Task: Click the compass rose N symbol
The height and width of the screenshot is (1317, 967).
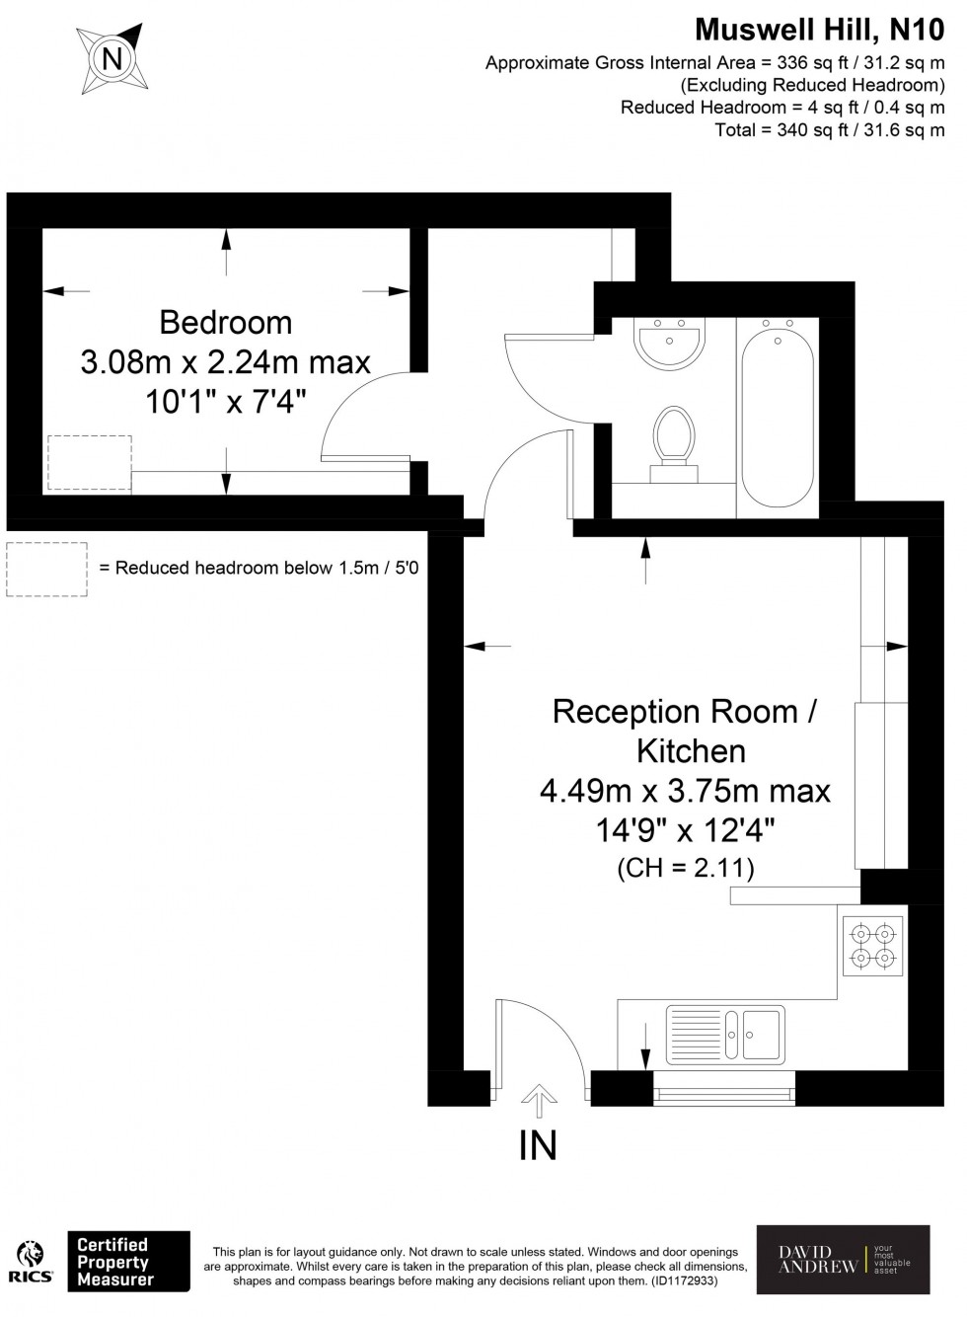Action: coord(113,59)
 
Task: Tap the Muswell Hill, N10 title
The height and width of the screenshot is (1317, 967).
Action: coord(819,30)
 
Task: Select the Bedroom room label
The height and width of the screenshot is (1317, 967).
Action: coord(225,323)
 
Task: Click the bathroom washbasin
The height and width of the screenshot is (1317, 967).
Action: coord(671,343)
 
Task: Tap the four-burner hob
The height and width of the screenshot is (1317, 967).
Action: coord(873,945)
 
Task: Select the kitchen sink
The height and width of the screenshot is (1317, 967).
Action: coord(726,1036)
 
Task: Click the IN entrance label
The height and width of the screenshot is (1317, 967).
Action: coord(538,1145)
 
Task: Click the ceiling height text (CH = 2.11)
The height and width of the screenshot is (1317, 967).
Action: coord(685,869)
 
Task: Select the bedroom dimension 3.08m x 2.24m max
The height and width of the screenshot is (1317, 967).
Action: coord(225,362)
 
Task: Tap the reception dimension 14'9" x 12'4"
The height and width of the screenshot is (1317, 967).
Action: coord(685,830)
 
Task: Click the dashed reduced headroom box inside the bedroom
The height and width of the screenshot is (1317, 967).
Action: coord(89,462)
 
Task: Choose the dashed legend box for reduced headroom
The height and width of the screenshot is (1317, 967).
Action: coord(46,569)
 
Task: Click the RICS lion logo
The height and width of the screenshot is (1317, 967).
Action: coord(31,1262)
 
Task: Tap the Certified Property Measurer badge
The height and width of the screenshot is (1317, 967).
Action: coord(127,1262)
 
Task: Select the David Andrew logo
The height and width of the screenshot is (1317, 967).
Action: coord(843,1260)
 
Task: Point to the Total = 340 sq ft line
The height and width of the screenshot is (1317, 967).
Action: coord(829,130)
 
